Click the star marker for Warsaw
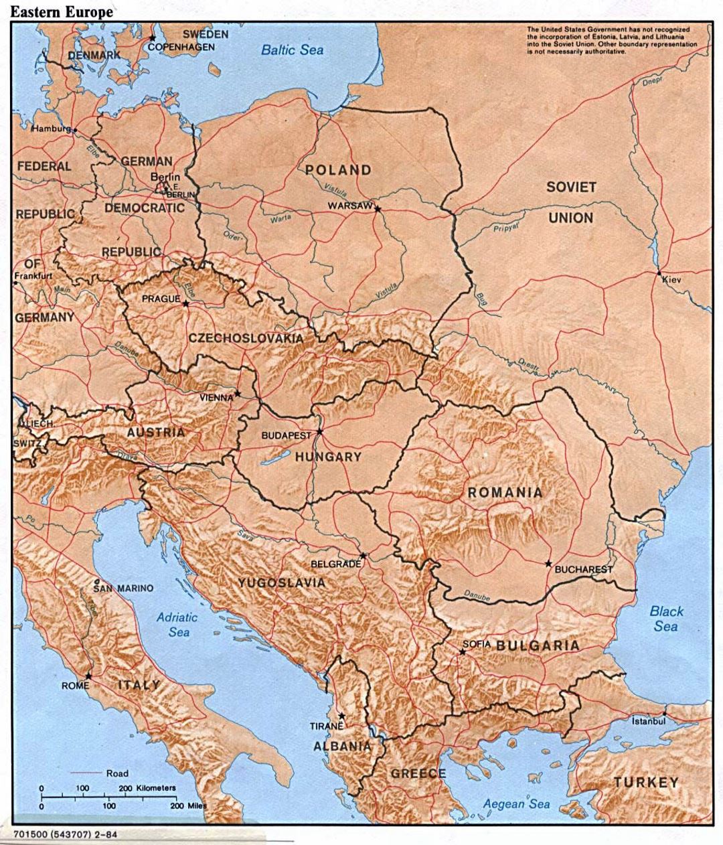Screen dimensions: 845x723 tap(378, 209)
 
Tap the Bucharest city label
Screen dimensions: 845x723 tap(583, 569)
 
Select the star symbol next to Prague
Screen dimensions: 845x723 tap(185, 303)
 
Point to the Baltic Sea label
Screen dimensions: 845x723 tap(292, 50)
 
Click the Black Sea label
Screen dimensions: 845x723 tap(666, 619)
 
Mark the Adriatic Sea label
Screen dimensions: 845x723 tap(173, 625)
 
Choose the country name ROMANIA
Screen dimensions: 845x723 tap(505, 493)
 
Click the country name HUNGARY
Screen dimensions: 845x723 tap(328, 457)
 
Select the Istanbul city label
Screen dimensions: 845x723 tap(649, 721)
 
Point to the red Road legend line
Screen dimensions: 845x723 tap(85, 773)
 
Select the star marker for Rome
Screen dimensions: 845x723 tap(88, 676)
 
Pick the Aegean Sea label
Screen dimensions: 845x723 tap(517, 804)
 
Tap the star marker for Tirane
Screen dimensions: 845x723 tap(342, 716)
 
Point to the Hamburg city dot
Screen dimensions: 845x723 tap(76, 129)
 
